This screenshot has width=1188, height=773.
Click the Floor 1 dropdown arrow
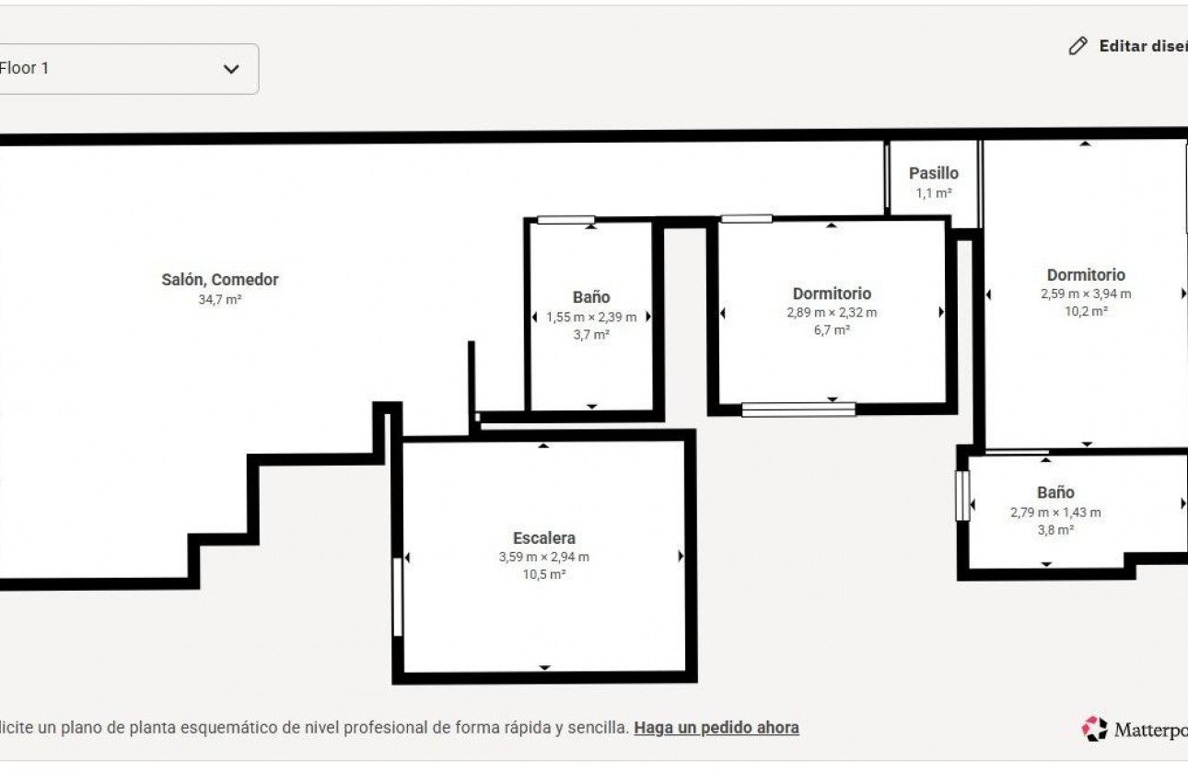(231, 69)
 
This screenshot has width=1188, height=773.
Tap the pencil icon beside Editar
(1077, 46)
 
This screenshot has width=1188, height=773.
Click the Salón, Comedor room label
(220, 280)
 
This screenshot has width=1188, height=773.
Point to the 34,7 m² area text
(220, 300)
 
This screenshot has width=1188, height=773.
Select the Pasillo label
(934, 173)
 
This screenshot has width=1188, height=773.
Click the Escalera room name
(544, 538)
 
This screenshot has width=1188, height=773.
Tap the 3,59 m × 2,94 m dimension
(544, 557)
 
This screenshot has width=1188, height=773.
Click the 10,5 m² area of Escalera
(544, 574)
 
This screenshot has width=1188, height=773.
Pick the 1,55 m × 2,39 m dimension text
(591, 317)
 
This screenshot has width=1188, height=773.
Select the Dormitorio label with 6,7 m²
(832, 294)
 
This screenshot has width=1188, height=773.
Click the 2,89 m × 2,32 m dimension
(832, 313)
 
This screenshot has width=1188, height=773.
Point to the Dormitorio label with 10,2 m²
(1086, 275)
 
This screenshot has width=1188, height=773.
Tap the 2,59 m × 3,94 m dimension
(1086, 294)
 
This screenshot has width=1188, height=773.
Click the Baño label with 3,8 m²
(1056, 492)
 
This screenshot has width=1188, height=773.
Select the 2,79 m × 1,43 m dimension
(1056, 513)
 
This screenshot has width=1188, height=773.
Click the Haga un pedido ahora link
(716, 728)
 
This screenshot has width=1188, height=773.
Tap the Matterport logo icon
(1095, 729)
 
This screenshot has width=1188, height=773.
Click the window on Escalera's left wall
(398, 596)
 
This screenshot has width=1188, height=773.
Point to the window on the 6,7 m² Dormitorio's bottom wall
(798, 410)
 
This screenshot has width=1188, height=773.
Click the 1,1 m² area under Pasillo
(934, 193)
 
